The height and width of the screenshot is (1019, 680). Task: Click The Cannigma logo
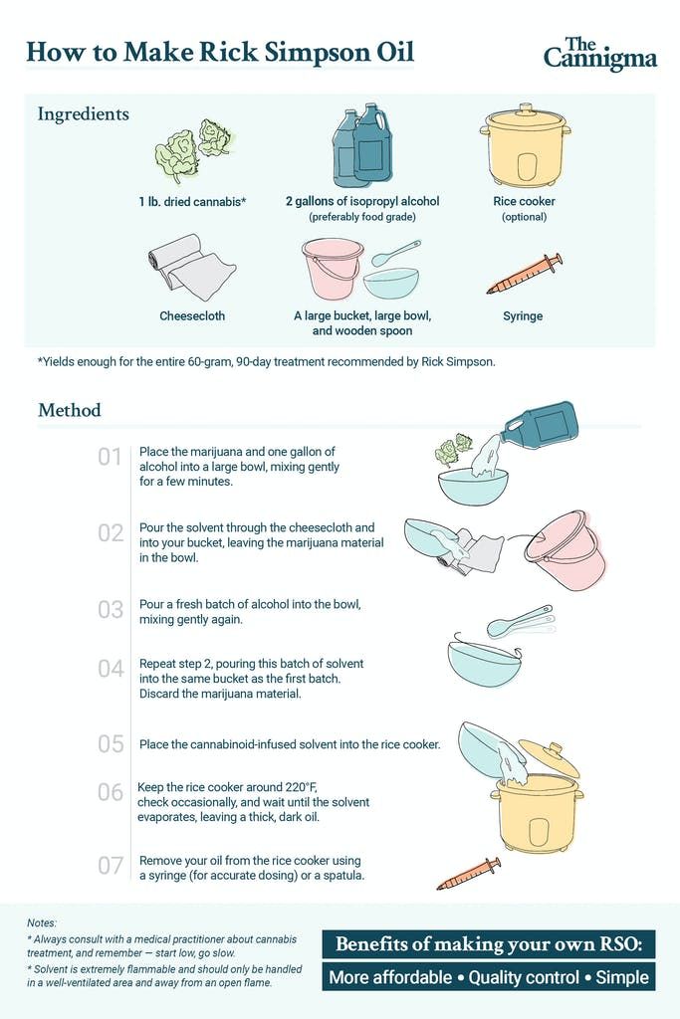[x=600, y=54]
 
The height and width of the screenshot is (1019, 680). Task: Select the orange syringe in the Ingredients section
[x=525, y=275]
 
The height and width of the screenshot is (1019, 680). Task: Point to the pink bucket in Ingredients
[x=332, y=269]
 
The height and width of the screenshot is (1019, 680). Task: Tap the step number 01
[x=110, y=457]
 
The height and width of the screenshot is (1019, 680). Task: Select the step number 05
[x=110, y=743]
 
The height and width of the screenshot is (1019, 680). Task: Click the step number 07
[x=110, y=866]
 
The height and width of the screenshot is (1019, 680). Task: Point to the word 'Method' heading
[x=70, y=410]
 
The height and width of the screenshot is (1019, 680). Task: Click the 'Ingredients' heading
[x=84, y=113]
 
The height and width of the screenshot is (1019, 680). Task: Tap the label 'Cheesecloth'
[x=192, y=315]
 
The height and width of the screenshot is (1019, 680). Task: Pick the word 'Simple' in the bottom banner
[x=622, y=977]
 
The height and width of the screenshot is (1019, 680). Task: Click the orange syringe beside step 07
[x=469, y=874]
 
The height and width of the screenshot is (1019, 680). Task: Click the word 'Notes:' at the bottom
[x=42, y=922]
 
